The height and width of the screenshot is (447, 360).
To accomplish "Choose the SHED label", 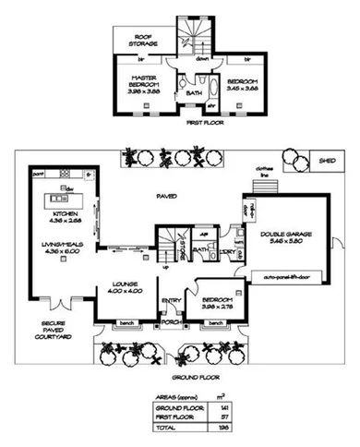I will pos(327,160).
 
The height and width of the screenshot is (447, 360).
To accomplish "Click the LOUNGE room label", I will pos(124,286).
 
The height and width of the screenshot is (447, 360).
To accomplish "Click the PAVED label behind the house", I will pos(166,196).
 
